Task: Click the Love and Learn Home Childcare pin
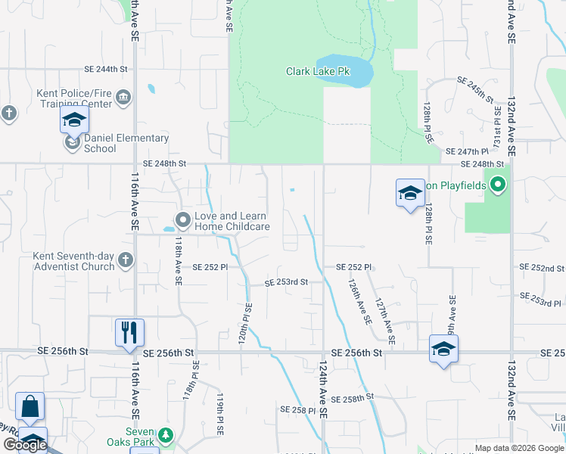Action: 182,220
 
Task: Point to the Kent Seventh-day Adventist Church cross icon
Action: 126,261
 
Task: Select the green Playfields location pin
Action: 497,184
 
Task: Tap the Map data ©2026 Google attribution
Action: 518,448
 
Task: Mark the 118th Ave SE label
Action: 179,262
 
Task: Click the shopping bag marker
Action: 30,407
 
